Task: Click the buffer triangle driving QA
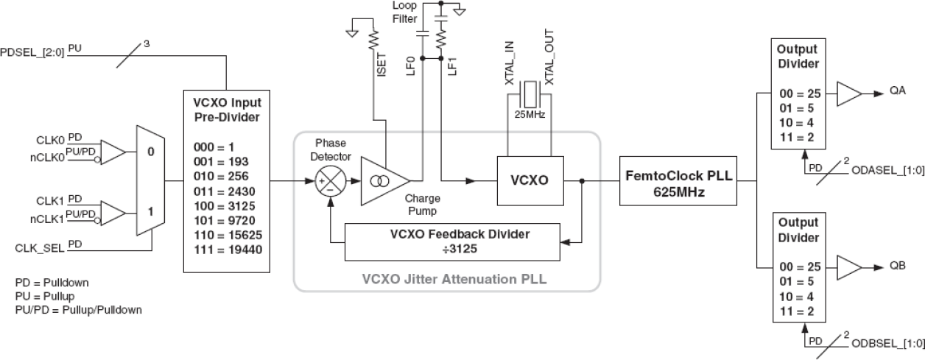(848, 94)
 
